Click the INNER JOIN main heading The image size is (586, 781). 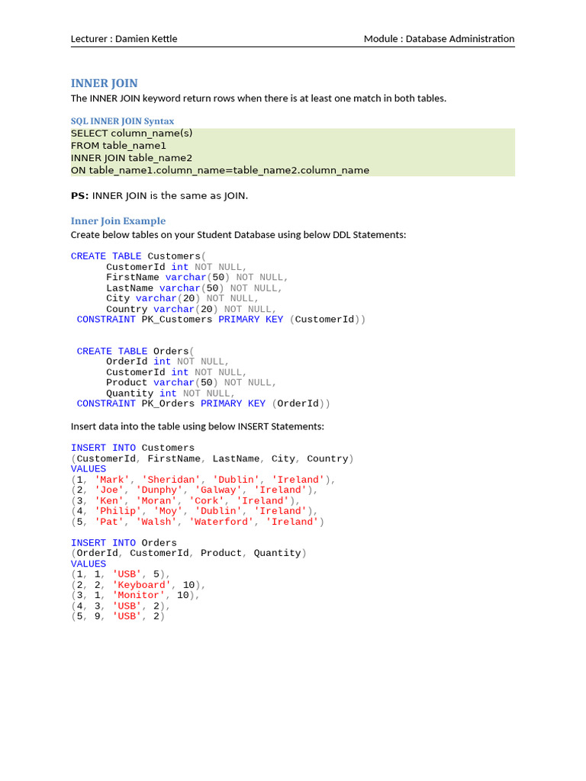click(x=105, y=83)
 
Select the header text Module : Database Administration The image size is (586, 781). click(x=439, y=39)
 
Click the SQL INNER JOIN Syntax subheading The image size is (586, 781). click(x=122, y=121)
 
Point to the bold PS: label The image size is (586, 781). click(x=79, y=196)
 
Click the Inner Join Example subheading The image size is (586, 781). click(x=118, y=221)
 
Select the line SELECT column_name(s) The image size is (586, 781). click(x=132, y=133)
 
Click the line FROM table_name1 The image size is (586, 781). click(x=118, y=146)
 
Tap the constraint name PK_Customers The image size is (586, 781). click(x=177, y=320)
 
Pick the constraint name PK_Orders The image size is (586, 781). click(x=168, y=403)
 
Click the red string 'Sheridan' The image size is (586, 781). click(x=171, y=480)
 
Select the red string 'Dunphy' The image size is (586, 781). click(x=162, y=490)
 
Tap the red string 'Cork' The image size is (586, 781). click(x=212, y=501)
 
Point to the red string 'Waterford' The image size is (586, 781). click(x=224, y=522)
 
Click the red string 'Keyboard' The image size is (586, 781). click(x=141, y=585)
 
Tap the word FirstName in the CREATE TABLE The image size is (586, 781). click(x=133, y=278)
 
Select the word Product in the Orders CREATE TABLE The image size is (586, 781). click(x=127, y=383)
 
